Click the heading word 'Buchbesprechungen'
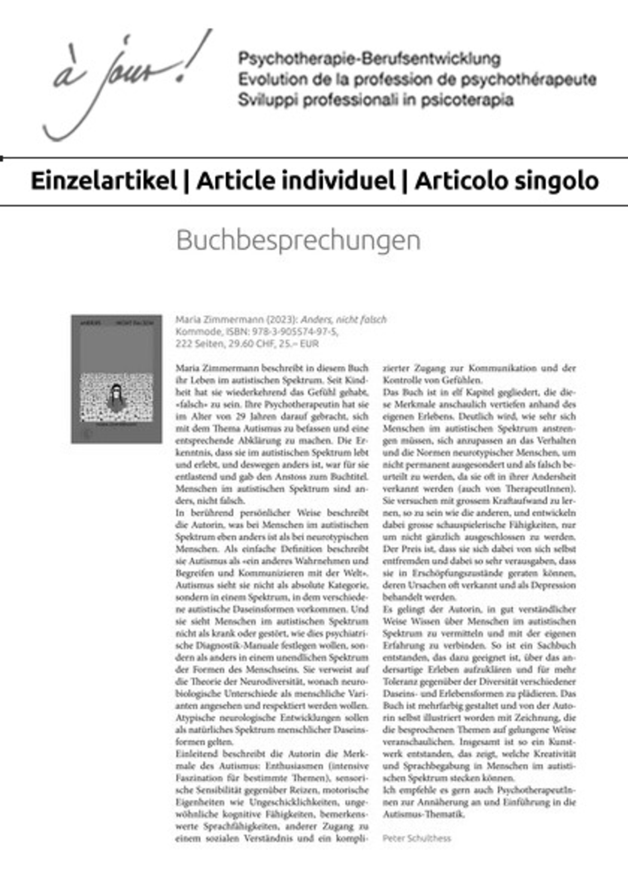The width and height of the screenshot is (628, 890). pos(298,240)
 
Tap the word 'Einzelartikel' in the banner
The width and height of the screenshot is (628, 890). pos(103,181)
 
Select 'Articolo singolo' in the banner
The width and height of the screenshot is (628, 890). pos(507,181)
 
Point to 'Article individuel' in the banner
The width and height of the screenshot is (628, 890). pos(296,181)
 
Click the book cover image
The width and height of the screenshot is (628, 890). pos(117,379)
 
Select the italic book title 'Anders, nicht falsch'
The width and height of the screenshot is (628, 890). pos(344,319)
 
